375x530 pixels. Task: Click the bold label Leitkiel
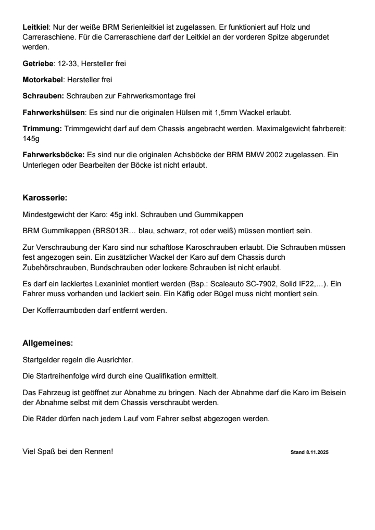pos(35,26)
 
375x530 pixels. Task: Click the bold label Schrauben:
pos(43,96)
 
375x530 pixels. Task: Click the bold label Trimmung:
pos(42,129)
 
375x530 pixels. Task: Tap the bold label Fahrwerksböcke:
pos(54,155)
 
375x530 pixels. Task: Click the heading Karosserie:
pos(45,198)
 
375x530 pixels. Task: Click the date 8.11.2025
pos(316,452)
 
